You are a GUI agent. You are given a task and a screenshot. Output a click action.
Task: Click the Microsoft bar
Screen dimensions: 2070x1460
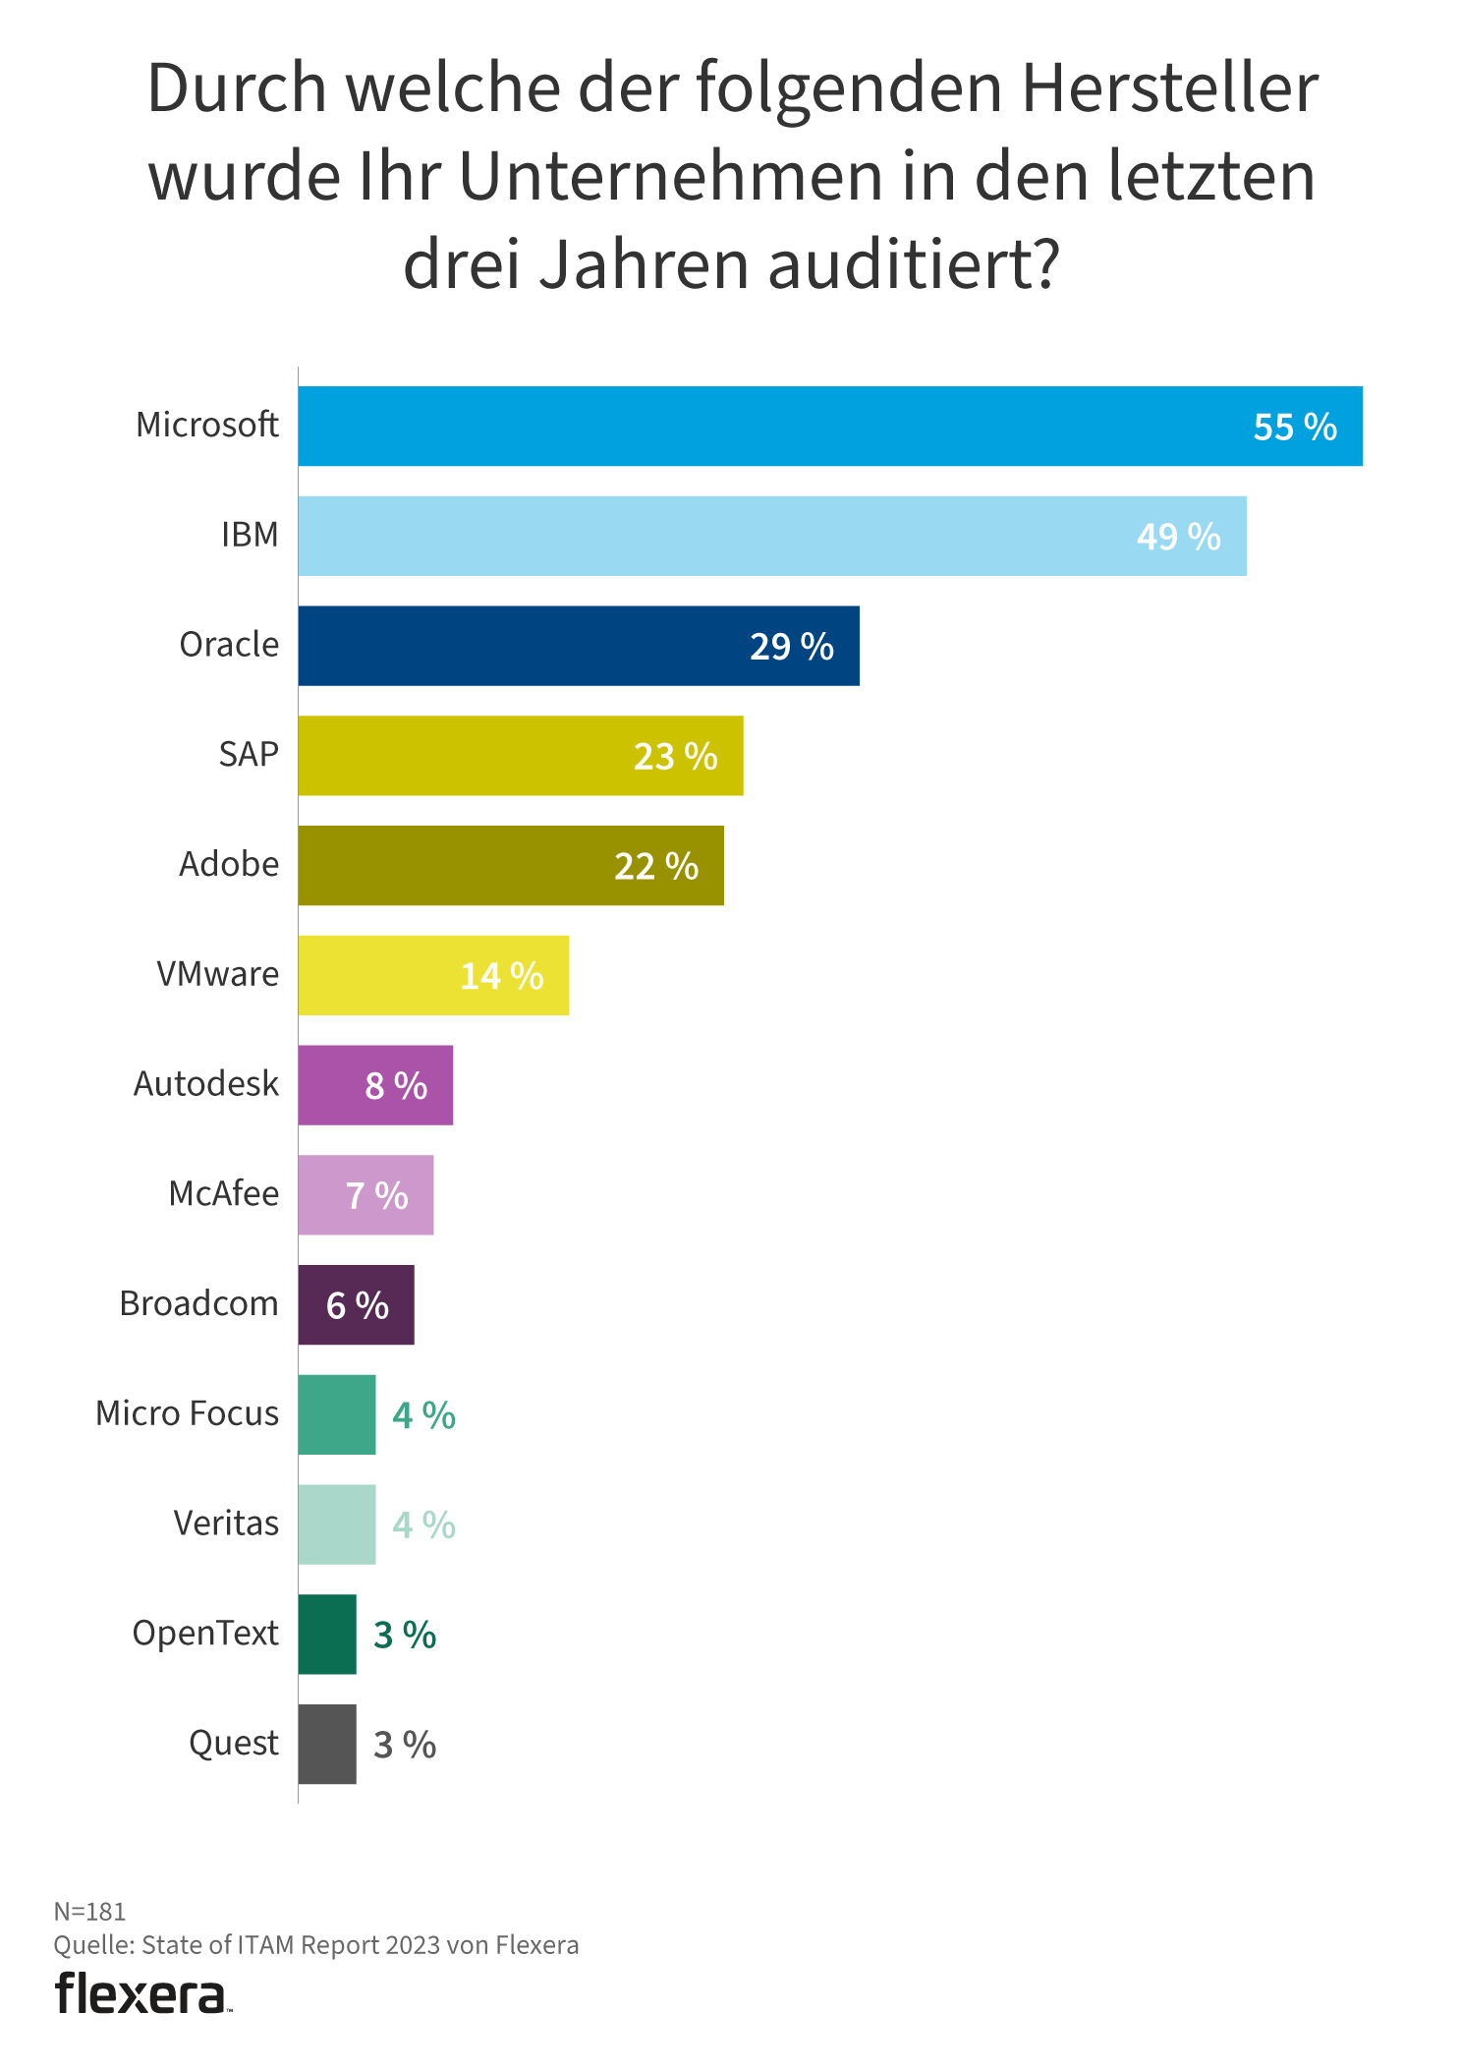tap(830, 426)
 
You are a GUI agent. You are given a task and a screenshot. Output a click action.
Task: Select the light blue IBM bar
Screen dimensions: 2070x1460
tap(772, 536)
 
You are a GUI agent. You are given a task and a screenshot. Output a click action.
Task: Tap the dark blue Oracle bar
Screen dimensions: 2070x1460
tap(579, 646)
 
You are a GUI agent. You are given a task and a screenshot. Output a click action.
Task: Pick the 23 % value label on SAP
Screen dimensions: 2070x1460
tap(675, 756)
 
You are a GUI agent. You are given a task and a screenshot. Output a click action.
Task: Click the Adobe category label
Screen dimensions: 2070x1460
tap(229, 864)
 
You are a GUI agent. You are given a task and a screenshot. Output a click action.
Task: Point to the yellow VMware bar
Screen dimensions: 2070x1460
tap(433, 975)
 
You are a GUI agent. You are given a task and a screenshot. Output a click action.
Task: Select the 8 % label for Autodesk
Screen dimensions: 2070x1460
tap(396, 1085)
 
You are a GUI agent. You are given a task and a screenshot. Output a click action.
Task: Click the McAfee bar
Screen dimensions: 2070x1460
tap(365, 1195)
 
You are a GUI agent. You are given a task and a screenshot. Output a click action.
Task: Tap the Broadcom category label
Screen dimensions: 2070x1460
tap(198, 1303)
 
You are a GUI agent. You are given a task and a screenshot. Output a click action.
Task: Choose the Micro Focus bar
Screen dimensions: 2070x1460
tap(337, 1414)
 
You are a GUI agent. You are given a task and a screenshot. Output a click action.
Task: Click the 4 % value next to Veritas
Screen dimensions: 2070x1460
tap(423, 1524)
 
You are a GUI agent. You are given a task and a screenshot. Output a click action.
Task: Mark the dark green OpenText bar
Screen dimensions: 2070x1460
tap(327, 1635)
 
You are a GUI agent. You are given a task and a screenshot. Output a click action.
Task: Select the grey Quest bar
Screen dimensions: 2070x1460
tap(327, 1745)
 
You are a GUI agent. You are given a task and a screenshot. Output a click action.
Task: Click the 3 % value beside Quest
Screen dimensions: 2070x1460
tap(405, 1745)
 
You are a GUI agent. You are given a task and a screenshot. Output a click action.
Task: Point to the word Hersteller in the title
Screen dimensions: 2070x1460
tap(1169, 88)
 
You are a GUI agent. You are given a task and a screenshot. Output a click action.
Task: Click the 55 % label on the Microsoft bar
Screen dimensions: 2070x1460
tap(1295, 427)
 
